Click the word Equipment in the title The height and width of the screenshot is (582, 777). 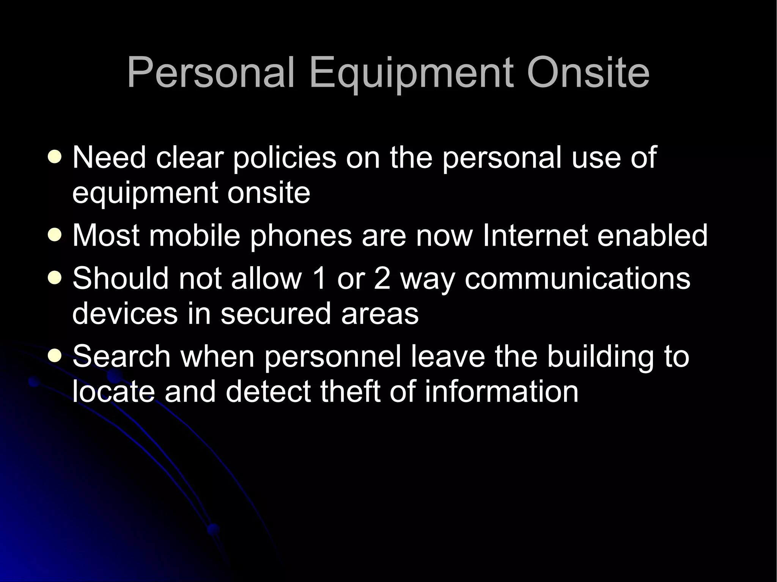coord(412,74)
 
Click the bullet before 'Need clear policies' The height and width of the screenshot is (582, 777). coord(55,157)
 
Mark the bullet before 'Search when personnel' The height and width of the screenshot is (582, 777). coord(55,356)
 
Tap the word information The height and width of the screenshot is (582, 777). coord(501,392)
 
